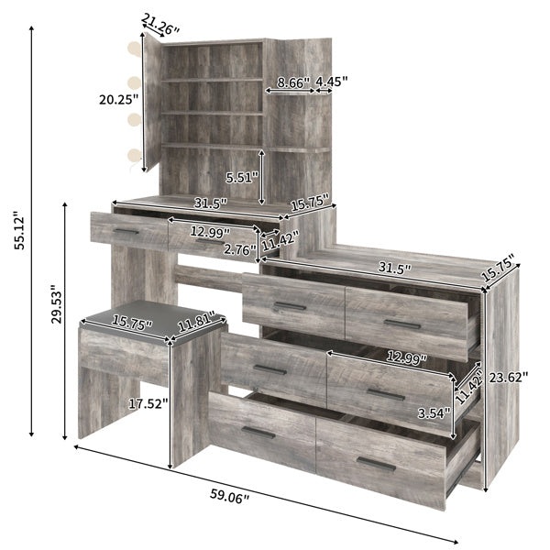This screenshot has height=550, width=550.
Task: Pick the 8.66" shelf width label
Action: click(289, 81)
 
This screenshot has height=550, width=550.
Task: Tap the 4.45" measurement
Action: click(331, 81)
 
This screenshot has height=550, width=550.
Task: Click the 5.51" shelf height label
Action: click(242, 177)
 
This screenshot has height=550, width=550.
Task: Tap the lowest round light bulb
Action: click(136, 156)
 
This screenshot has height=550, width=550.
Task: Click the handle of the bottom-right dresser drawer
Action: click(377, 463)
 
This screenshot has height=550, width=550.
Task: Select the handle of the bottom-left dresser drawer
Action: click(258, 432)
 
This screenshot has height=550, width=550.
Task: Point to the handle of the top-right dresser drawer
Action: click(402, 324)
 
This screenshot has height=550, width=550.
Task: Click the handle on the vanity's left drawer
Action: click(126, 231)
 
